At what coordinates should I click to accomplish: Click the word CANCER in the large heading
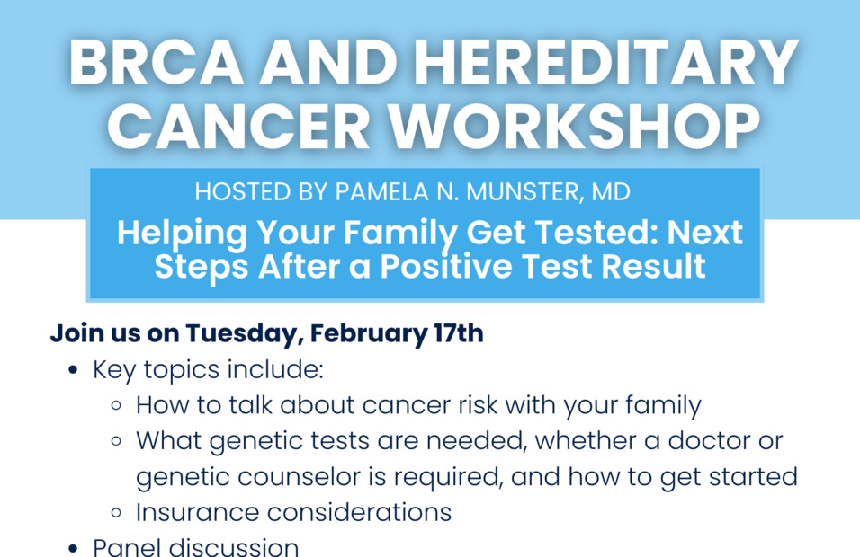pyautogui.click(x=239, y=126)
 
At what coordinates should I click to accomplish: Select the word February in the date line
pyautogui.click(x=368, y=333)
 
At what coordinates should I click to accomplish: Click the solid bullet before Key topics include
pyautogui.click(x=73, y=370)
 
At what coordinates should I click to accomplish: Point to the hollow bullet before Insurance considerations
pyautogui.click(x=116, y=513)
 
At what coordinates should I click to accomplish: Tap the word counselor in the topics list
pyautogui.click(x=299, y=477)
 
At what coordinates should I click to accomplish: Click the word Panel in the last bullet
pyautogui.click(x=127, y=547)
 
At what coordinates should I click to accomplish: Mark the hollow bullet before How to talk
pyautogui.click(x=116, y=406)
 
